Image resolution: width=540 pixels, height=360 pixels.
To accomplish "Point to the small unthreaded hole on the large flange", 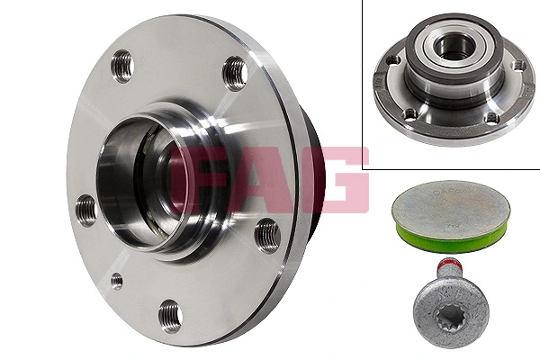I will (x=116, y=280).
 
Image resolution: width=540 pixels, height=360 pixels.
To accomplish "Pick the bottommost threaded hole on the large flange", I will (x=170, y=316).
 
